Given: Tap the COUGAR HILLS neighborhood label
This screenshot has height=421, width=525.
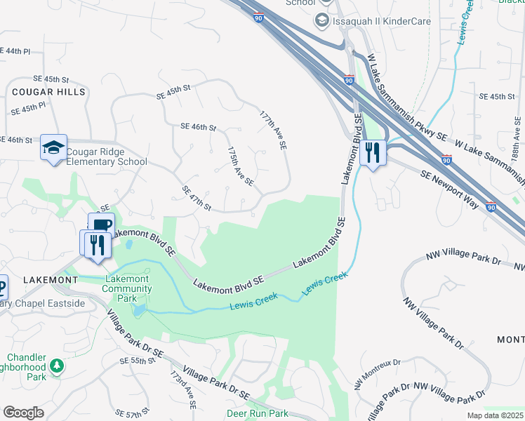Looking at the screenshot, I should [x=48, y=92].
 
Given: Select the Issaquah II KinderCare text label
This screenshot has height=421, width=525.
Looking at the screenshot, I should [x=383, y=20].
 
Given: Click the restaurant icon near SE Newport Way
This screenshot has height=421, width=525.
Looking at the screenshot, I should [x=373, y=153].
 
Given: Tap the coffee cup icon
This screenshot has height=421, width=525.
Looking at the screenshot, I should [x=100, y=225].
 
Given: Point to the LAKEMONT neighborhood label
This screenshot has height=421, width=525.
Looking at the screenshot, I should [x=51, y=279].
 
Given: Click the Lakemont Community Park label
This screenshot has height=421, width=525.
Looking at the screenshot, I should [x=127, y=288].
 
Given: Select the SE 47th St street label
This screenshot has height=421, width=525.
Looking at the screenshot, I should [x=197, y=199].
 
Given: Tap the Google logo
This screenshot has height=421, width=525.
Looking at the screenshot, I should [x=23, y=412].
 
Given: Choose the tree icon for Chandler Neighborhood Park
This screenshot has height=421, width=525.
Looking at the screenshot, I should [x=57, y=366].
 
